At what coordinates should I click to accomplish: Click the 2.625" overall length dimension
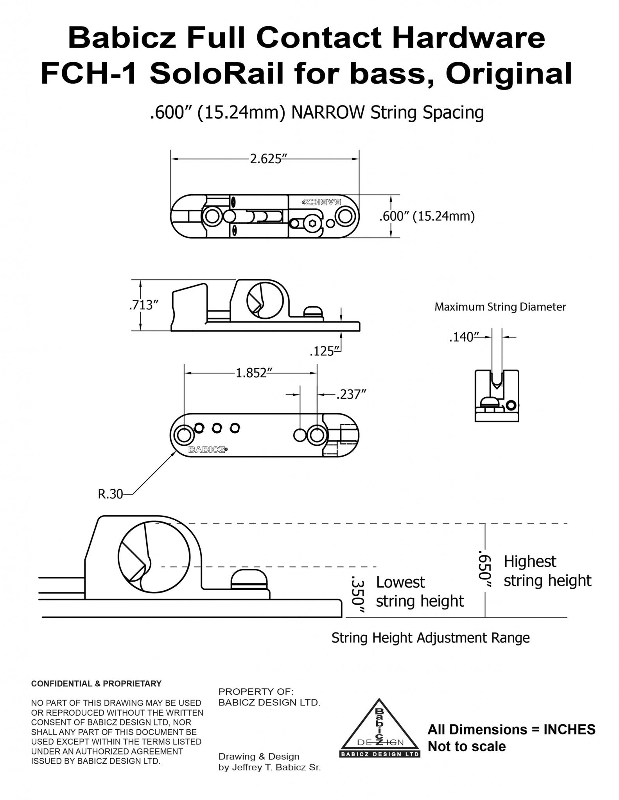point(266,159)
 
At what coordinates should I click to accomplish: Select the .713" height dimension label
point(143,305)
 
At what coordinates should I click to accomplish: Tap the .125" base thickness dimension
point(322,351)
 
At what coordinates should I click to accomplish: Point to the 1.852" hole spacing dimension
point(251,373)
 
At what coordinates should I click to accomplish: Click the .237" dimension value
point(351,395)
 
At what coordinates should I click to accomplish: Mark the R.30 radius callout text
point(110,494)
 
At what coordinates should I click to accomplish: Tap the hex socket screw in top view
point(312,223)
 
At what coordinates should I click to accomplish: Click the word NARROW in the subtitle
point(328,113)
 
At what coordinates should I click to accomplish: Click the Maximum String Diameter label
point(500,307)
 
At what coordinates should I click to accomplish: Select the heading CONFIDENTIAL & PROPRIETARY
point(96,684)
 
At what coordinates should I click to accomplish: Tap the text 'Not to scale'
point(466,746)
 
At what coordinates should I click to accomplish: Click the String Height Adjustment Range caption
point(431,638)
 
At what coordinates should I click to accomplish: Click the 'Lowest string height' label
point(420,591)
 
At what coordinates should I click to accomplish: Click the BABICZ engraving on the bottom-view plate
point(208,450)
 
